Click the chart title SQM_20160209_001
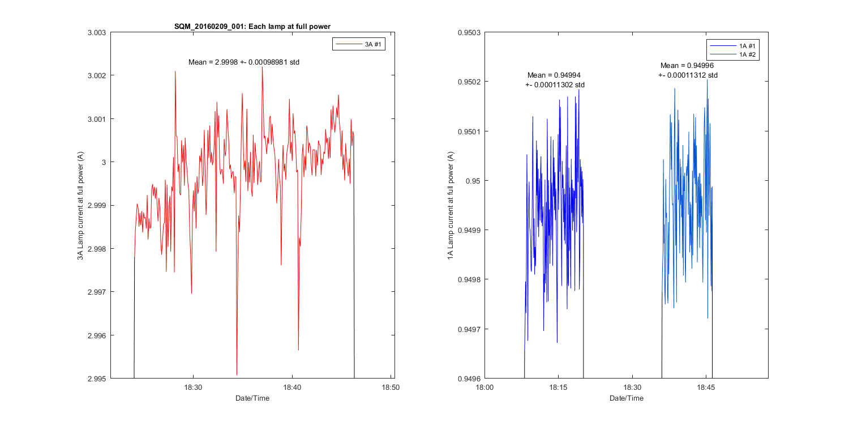[x=252, y=26]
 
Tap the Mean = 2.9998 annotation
[x=243, y=62]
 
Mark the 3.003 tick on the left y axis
[x=97, y=32]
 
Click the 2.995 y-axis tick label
[x=97, y=379]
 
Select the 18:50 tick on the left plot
[x=391, y=388]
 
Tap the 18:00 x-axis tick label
[x=484, y=388]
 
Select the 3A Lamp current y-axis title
[x=80, y=205]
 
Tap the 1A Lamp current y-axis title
[x=451, y=205]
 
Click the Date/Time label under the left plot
[x=252, y=398]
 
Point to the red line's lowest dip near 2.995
[x=237, y=374]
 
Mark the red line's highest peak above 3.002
[x=262, y=67]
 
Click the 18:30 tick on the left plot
[x=193, y=388]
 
